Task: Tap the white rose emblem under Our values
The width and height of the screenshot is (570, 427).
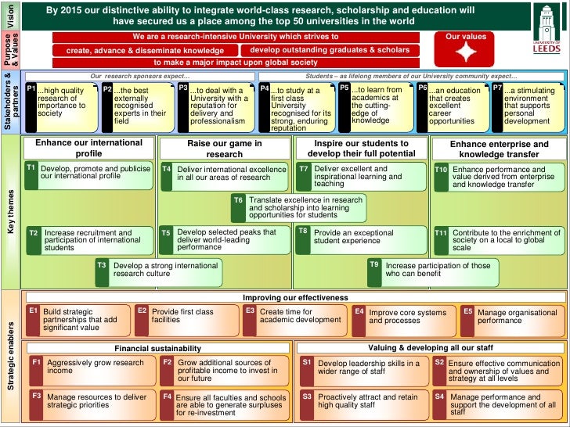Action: coord(467,52)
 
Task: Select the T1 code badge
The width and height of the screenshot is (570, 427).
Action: coord(31,168)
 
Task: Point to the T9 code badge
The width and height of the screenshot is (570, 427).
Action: coord(375,265)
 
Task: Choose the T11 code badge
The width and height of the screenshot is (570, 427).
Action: coord(441,233)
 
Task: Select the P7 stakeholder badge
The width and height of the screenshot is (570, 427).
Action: coord(497,88)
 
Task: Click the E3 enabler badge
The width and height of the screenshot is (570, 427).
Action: coord(250,311)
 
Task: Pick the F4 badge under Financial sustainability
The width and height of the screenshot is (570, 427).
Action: coord(167,397)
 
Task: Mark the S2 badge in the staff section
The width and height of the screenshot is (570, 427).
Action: coord(439,363)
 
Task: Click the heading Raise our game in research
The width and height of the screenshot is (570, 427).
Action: coord(225,149)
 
